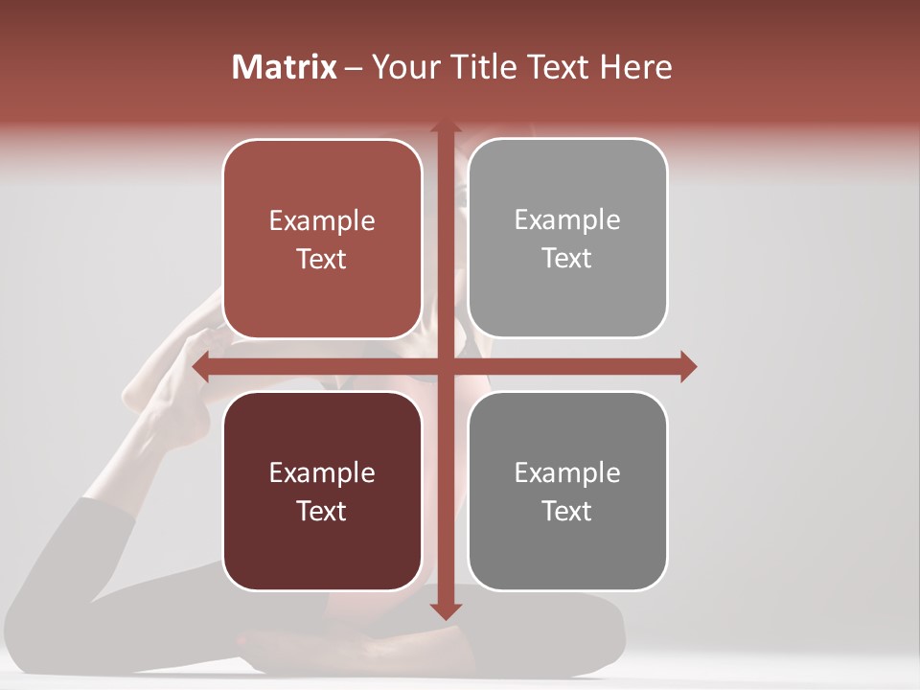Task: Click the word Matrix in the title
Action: [285, 67]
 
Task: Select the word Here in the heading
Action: [636, 67]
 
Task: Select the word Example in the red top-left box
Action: [321, 221]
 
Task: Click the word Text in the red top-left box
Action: [321, 259]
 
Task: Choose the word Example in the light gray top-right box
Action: [566, 220]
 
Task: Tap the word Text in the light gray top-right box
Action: [566, 258]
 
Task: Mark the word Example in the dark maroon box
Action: [321, 473]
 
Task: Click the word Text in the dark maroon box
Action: [321, 511]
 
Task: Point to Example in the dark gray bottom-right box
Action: [566, 473]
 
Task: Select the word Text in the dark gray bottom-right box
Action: [566, 511]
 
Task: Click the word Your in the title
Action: [402, 67]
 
